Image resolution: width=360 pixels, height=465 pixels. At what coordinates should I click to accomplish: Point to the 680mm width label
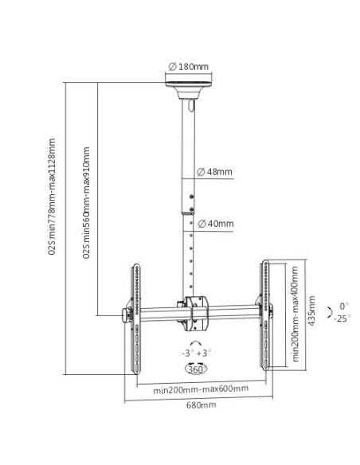pyautogui.click(x=196, y=405)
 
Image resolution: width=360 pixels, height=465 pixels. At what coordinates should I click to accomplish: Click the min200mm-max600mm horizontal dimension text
pyautogui.click(x=195, y=389)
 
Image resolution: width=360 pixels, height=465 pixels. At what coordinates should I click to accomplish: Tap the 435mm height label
pyautogui.click(x=312, y=312)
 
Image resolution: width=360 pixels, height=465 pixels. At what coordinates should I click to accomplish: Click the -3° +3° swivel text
pyautogui.click(x=195, y=352)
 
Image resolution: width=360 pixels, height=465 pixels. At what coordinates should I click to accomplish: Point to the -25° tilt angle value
pyautogui.click(x=342, y=318)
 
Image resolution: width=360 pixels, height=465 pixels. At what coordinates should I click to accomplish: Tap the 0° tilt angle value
pyautogui.click(x=343, y=306)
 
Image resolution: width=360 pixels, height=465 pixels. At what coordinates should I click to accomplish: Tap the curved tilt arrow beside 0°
pyautogui.click(x=331, y=312)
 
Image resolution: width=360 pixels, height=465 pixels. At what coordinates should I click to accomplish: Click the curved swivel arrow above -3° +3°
pyautogui.click(x=195, y=340)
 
